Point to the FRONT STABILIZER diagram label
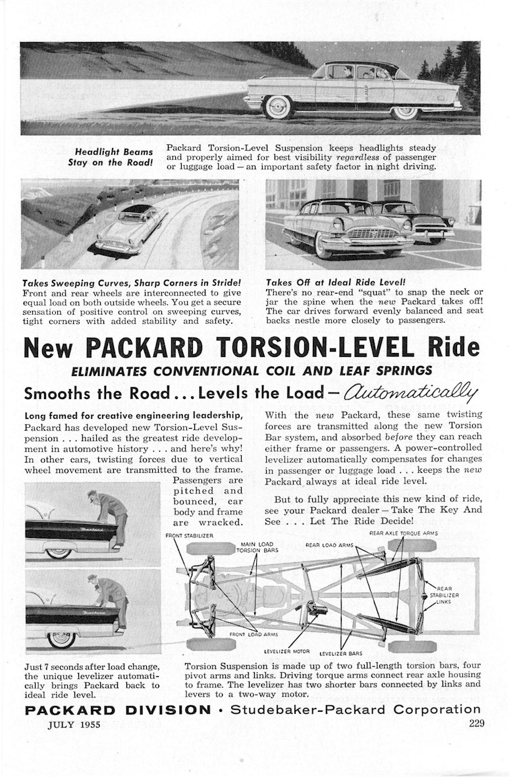click(189, 535)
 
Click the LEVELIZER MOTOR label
click(283, 650)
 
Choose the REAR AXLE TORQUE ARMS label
click(403, 532)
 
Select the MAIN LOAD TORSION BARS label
click(252, 547)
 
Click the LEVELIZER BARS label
click(340, 653)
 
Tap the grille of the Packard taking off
click(364, 236)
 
